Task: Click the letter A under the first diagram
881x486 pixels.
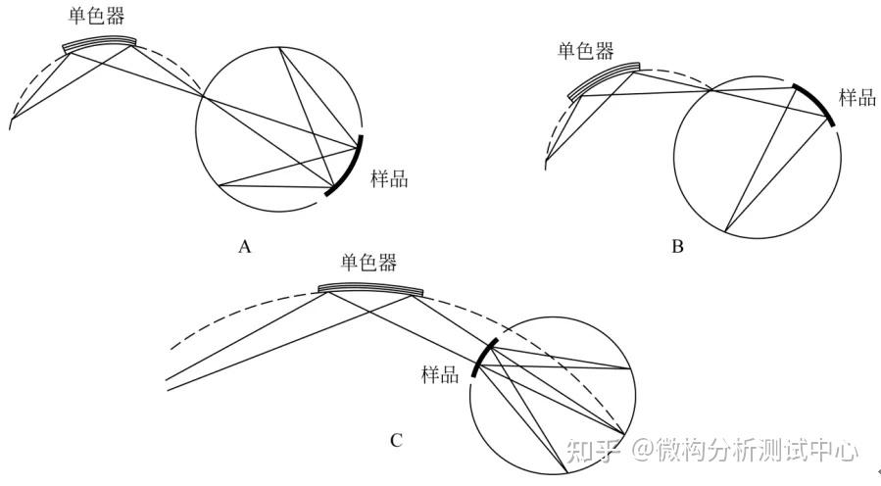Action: click(x=245, y=246)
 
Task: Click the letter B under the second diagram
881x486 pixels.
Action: click(x=677, y=246)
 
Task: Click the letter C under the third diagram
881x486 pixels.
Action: click(x=396, y=440)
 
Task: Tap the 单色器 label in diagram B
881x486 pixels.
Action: click(x=586, y=51)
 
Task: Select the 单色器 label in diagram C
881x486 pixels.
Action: click(x=368, y=264)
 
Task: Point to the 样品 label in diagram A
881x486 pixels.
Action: click(x=389, y=178)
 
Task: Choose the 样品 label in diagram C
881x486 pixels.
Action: click(x=440, y=373)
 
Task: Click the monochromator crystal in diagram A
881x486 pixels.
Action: click(x=99, y=42)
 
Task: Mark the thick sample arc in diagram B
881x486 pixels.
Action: click(x=816, y=102)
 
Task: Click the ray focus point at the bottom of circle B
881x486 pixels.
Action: click(x=724, y=231)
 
